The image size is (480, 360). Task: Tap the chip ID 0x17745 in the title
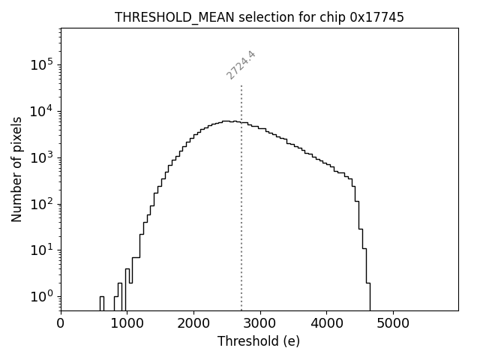[x=377, y=17]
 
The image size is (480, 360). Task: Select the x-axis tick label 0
[x=61, y=324]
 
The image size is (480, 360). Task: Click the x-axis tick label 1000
[x=127, y=324]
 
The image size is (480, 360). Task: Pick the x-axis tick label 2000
[x=193, y=324]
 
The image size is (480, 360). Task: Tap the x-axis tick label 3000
[x=259, y=324]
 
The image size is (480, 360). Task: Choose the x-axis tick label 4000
[x=326, y=324]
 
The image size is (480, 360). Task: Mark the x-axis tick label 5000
[x=392, y=324]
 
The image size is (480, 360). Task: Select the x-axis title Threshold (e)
[x=259, y=342]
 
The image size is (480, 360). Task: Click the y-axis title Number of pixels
[x=16, y=169]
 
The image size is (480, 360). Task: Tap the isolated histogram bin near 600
[x=101, y=303]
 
